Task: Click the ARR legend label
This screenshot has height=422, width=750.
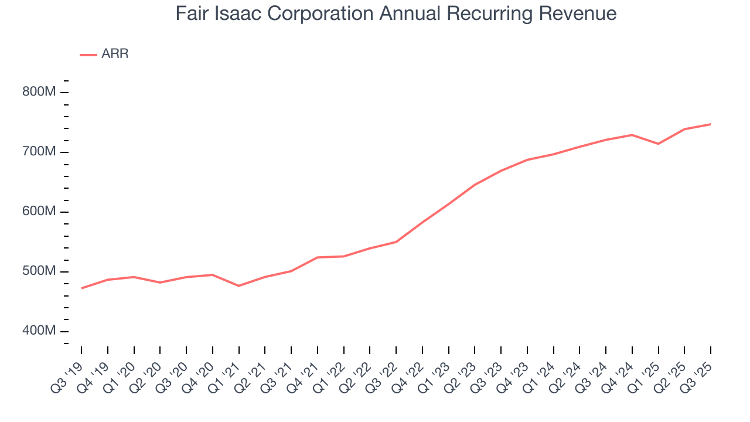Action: pos(115,54)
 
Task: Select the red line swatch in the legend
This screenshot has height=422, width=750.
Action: pos(88,55)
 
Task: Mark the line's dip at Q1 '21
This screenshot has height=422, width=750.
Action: pos(239,286)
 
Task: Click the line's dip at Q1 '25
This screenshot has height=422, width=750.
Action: pos(659,144)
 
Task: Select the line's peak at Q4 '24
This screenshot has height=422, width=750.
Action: pos(632,135)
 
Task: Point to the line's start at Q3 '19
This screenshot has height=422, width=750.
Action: pos(81,288)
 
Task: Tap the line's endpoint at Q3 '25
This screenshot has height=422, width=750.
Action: pos(711,124)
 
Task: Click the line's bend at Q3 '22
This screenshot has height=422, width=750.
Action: pos(396,241)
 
